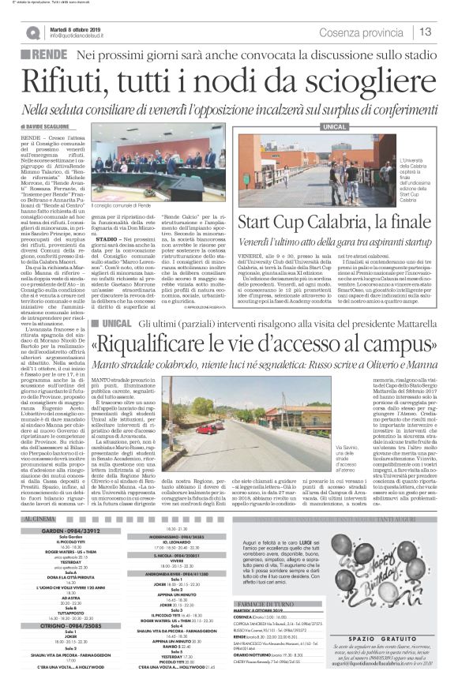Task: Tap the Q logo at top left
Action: point(32,32)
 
